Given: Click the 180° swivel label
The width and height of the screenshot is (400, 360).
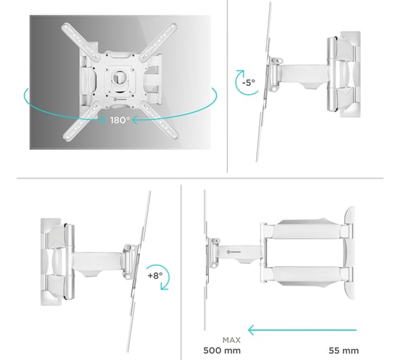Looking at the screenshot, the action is (120, 120).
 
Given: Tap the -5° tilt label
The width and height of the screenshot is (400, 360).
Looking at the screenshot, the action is (249, 82).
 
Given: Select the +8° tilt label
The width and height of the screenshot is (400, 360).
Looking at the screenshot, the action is (155, 275).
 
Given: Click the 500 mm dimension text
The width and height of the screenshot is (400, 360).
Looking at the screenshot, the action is (222, 351).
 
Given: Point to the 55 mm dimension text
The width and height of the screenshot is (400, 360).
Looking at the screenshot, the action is (344, 351).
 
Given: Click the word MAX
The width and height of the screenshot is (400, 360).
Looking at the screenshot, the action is (231, 340).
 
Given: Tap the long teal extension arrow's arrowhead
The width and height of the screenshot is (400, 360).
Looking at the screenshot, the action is (251, 330).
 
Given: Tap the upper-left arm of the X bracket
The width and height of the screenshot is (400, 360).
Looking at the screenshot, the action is (81, 41).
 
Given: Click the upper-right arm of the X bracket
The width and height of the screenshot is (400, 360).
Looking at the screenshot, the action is (159, 41).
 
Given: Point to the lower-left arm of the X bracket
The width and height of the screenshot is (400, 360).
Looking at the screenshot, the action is (81, 121).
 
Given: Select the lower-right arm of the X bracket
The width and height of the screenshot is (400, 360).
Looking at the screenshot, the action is (159, 120).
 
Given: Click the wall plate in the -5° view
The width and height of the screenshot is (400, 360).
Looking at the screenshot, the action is (350, 74).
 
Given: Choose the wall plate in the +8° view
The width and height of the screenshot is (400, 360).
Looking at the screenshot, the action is (51, 261).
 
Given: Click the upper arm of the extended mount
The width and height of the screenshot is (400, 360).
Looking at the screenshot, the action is (306, 229).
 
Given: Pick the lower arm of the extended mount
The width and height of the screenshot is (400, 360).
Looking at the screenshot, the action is (306, 276).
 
